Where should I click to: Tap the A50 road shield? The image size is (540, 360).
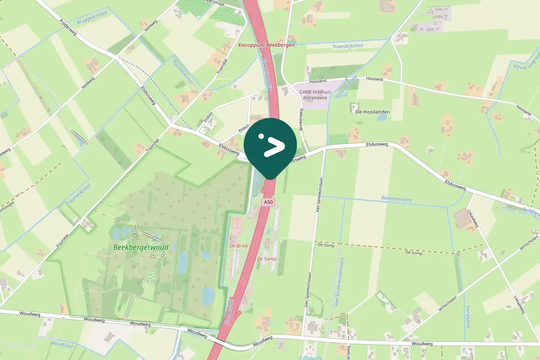pyautogui.click(x=268, y=202)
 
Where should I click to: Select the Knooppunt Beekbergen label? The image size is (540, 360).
pyautogui.click(x=266, y=45)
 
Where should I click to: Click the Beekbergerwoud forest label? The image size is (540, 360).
pyautogui.click(x=141, y=247)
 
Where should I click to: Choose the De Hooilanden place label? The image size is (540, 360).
pyautogui.click(x=372, y=112)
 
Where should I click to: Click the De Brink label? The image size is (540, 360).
pyautogui.click(x=239, y=246)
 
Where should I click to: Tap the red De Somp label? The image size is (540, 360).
pyautogui.click(x=267, y=259)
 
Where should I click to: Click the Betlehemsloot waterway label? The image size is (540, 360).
pyautogui.click(x=396, y=200)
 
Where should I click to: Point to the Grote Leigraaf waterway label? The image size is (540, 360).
pyautogui.click(x=345, y=87)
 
